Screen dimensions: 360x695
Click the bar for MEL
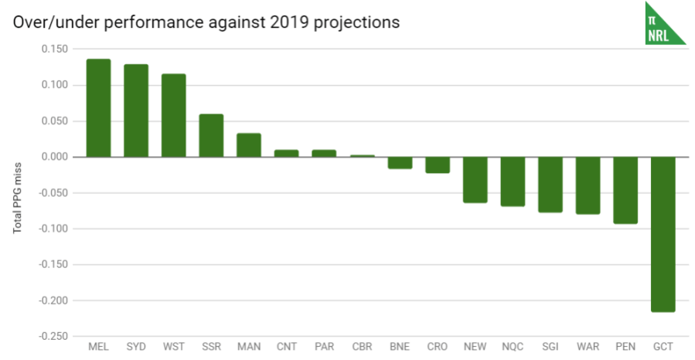pos(98,108)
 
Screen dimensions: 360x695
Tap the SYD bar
pos(136,110)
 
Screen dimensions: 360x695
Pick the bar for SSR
pos(211,135)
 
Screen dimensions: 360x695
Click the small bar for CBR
pos(362,156)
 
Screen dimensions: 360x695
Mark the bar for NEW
pos(475,179)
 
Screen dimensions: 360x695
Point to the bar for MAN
pos(249,145)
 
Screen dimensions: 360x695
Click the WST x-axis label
pos(173,347)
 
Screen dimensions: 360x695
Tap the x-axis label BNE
pos(400,347)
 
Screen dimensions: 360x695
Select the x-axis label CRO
pos(438,347)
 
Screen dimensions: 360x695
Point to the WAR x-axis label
pos(588,347)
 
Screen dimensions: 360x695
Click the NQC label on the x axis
pos(513,347)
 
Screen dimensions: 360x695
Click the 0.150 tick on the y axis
pos(54,49)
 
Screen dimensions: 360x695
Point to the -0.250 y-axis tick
pos(53,336)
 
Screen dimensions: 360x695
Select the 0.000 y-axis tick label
pos(54,157)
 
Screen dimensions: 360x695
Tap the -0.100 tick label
pos(53,229)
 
